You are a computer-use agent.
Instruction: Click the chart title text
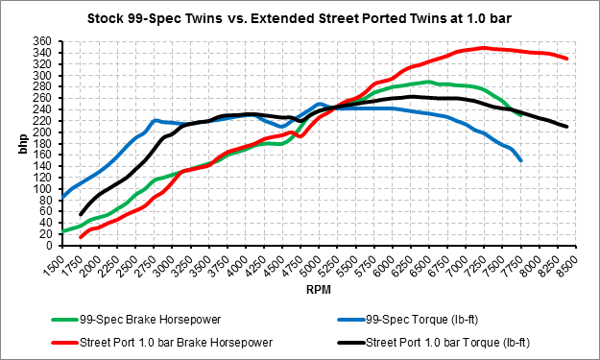[x=300, y=18]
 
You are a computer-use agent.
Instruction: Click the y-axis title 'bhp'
[x=23, y=144]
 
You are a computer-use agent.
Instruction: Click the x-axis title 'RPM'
[x=319, y=290]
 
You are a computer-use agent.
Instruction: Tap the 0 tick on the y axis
[x=48, y=246]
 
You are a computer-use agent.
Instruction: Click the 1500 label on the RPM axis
[x=54, y=266]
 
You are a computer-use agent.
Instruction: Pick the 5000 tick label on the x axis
[x=311, y=266]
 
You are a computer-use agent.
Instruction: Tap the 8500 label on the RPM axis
[x=567, y=266]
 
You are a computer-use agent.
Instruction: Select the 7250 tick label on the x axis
[x=475, y=266]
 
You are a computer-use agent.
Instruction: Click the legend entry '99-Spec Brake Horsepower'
[x=136, y=320]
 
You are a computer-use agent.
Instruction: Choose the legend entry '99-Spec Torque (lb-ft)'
[x=408, y=320]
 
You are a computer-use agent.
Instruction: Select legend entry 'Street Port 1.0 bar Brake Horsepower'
[x=162, y=343]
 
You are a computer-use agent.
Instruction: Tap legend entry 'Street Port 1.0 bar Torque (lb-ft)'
[x=434, y=343]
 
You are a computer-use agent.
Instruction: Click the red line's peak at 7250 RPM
[x=484, y=48]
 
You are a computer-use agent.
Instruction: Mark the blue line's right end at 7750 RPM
[x=520, y=160]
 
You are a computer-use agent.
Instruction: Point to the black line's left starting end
[x=81, y=214]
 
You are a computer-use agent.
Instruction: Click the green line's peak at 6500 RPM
[x=428, y=82]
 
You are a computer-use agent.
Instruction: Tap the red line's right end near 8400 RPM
[x=566, y=59]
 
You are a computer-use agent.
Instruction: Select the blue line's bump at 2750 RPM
[x=156, y=121]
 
